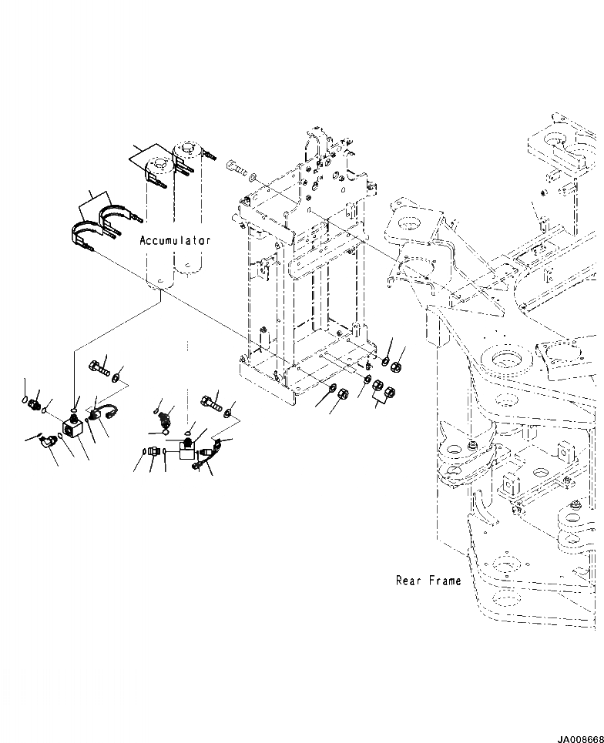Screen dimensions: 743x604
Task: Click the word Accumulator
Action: (175, 240)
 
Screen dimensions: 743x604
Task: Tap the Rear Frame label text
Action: (428, 581)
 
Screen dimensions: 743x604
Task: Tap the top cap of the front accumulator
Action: (160, 164)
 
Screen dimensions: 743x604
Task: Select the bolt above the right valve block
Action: (210, 400)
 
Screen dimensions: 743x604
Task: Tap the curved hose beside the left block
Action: (102, 413)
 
